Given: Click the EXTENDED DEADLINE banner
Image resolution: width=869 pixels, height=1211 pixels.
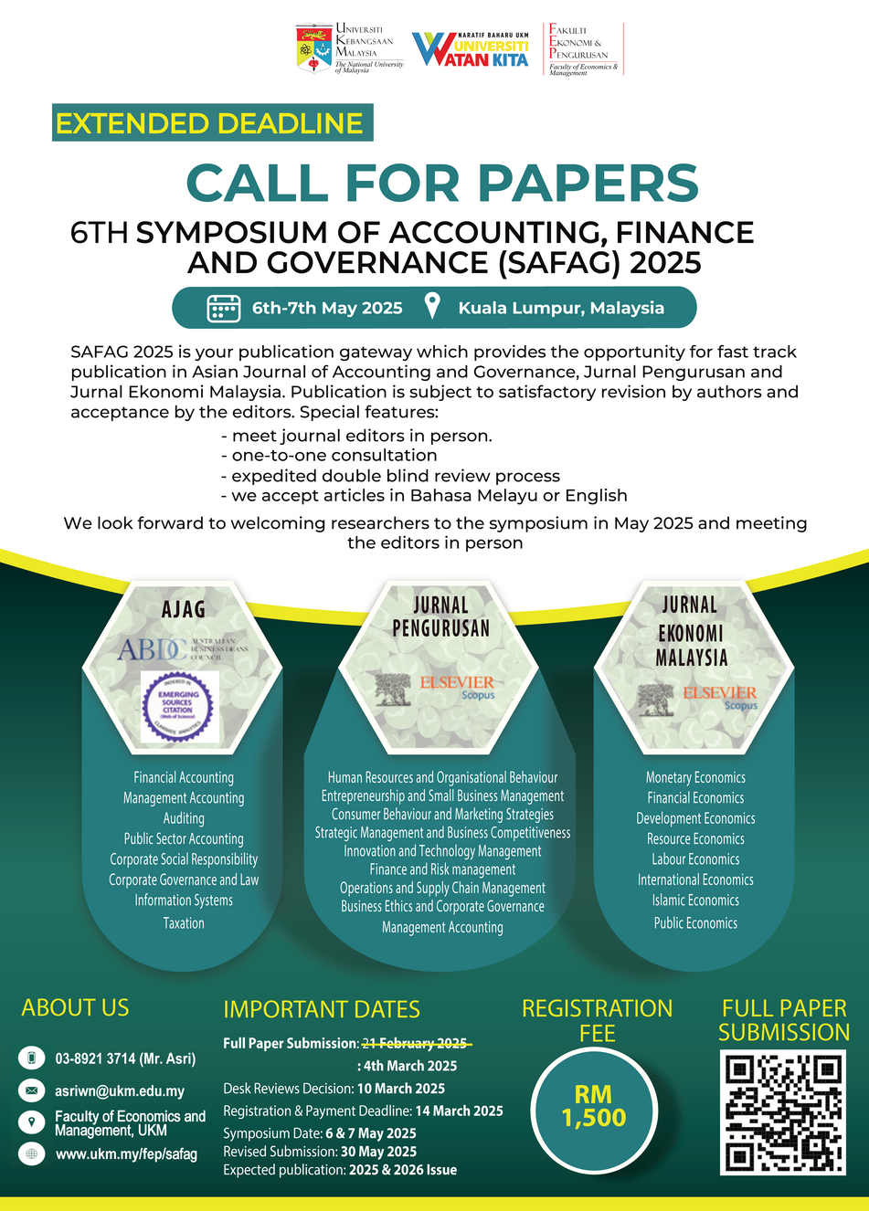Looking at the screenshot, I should [211, 123].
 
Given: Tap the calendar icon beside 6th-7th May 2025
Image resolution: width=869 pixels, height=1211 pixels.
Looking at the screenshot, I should [224, 308].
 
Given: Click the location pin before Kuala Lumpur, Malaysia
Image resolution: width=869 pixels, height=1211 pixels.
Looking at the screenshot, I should [432, 306].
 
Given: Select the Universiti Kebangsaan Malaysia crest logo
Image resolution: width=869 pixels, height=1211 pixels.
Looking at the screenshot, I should [314, 48].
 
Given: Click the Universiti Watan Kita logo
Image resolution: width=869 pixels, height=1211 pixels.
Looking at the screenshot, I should [471, 49].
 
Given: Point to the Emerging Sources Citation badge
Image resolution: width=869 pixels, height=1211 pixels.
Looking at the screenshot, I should [179, 707].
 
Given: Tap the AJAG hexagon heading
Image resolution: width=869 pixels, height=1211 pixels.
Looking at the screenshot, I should [183, 609].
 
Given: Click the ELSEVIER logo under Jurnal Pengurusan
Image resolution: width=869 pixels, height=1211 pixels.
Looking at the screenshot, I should [457, 682].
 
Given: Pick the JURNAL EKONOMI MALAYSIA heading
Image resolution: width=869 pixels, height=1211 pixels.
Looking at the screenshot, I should [692, 631].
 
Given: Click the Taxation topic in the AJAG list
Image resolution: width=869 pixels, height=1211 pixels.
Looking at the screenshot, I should [184, 923].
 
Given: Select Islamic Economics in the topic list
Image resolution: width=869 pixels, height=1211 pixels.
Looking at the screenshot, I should [695, 900].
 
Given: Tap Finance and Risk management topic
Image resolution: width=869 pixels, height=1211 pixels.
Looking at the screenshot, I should [442, 869].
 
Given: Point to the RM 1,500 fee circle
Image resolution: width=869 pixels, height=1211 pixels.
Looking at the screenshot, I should [594, 1106].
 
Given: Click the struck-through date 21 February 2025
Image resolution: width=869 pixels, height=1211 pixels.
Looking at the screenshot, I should [415, 1043].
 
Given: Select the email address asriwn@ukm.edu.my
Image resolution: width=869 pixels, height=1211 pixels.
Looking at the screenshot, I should [120, 1090].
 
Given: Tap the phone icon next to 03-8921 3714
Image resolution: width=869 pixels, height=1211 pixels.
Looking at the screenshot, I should [32, 1058].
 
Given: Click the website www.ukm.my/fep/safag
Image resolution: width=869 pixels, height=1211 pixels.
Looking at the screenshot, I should [126, 1154].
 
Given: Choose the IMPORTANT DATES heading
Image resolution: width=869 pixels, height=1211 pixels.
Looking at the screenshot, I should [322, 1009].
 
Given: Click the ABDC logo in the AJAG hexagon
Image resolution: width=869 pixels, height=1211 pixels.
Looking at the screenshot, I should [153, 649].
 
